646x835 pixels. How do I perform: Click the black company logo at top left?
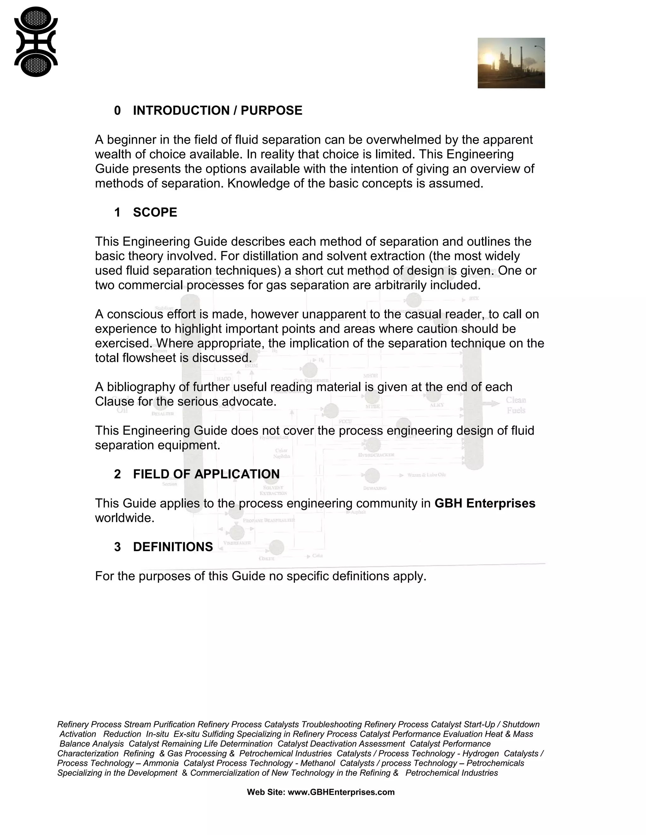click(36, 42)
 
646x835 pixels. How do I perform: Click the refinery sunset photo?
click(511, 63)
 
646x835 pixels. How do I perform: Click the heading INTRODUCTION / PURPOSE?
click(217, 111)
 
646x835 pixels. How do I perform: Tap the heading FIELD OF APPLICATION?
click(206, 474)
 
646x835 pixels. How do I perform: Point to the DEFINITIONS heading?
click(173, 547)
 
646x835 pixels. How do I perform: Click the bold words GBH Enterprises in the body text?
click(484, 503)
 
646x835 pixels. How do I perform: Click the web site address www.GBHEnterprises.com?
click(341, 792)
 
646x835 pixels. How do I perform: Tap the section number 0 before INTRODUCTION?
click(117, 111)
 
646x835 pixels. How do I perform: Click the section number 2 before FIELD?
click(117, 474)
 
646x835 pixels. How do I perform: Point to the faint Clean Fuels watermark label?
click(516, 405)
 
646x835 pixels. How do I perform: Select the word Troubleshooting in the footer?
click(332, 724)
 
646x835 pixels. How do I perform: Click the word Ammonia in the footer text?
click(161, 763)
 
